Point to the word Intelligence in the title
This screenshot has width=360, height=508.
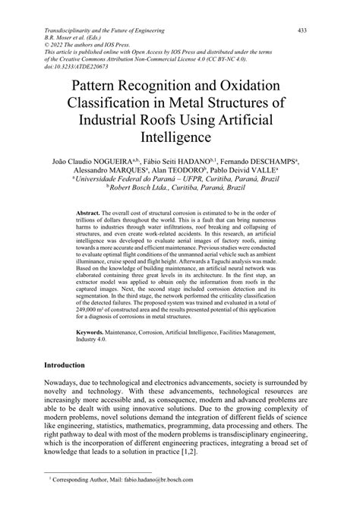tap(180, 140)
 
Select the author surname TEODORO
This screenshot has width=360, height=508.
tap(207, 172)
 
